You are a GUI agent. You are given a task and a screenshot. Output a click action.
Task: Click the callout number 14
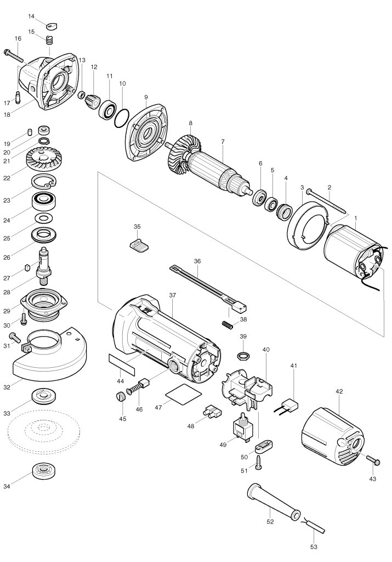click(x=31, y=16)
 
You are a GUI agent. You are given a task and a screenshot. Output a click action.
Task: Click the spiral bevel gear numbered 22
click(x=42, y=159)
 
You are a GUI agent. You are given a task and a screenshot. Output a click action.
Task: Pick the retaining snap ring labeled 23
click(x=44, y=182)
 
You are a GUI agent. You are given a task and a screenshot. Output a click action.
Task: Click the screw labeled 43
click(x=373, y=460)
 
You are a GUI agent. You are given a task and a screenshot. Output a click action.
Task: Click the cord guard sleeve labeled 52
click(x=273, y=499)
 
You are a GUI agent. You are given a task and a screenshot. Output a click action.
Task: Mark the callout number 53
click(x=314, y=547)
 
